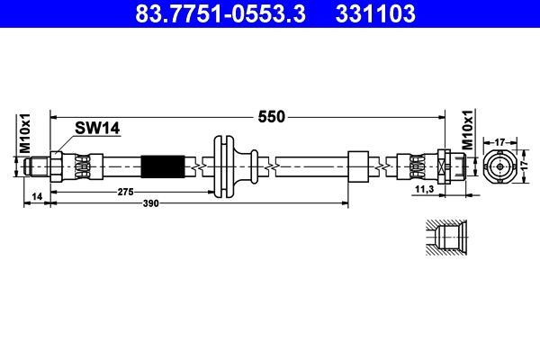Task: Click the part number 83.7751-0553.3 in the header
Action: coord(220,13)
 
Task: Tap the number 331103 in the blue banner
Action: coord(375,13)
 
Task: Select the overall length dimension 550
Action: coord(272,117)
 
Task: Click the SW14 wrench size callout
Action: coord(97,128)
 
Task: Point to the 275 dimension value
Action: coord(125,192)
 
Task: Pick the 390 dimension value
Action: coord(151,203)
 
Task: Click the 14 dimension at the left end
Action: coord(37,196)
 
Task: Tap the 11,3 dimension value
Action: coord(425,189)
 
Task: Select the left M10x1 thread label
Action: coord(25,134)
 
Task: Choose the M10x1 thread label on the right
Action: coord(467,130)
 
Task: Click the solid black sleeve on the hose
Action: coord(163,167)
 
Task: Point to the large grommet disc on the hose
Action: coord(223,167)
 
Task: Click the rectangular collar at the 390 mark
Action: coord(358,166)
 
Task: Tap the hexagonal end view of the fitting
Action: coord(500,167)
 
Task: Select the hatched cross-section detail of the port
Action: coord(446,238)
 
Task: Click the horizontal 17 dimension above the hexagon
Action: coord(499,141)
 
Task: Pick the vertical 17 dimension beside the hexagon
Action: coord(525,166)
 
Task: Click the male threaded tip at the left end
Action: coord(37,166)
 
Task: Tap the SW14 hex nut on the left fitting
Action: coord(56,167)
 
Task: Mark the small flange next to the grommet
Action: coord(254,166)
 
